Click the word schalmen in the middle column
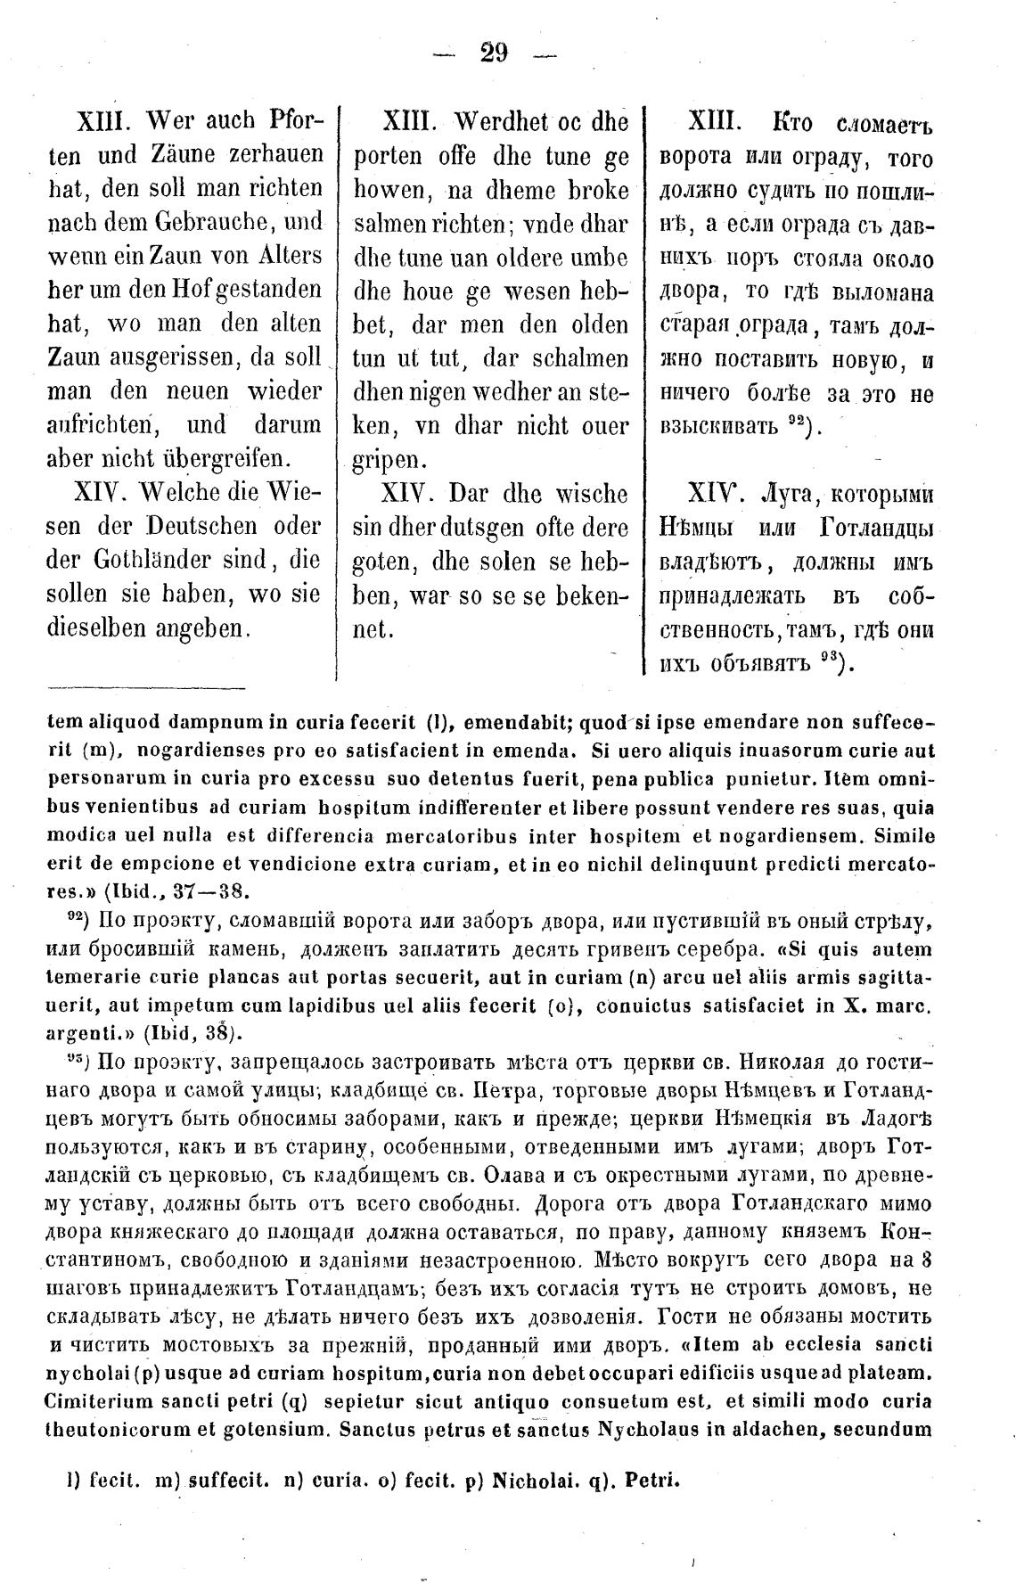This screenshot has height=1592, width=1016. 582,358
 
